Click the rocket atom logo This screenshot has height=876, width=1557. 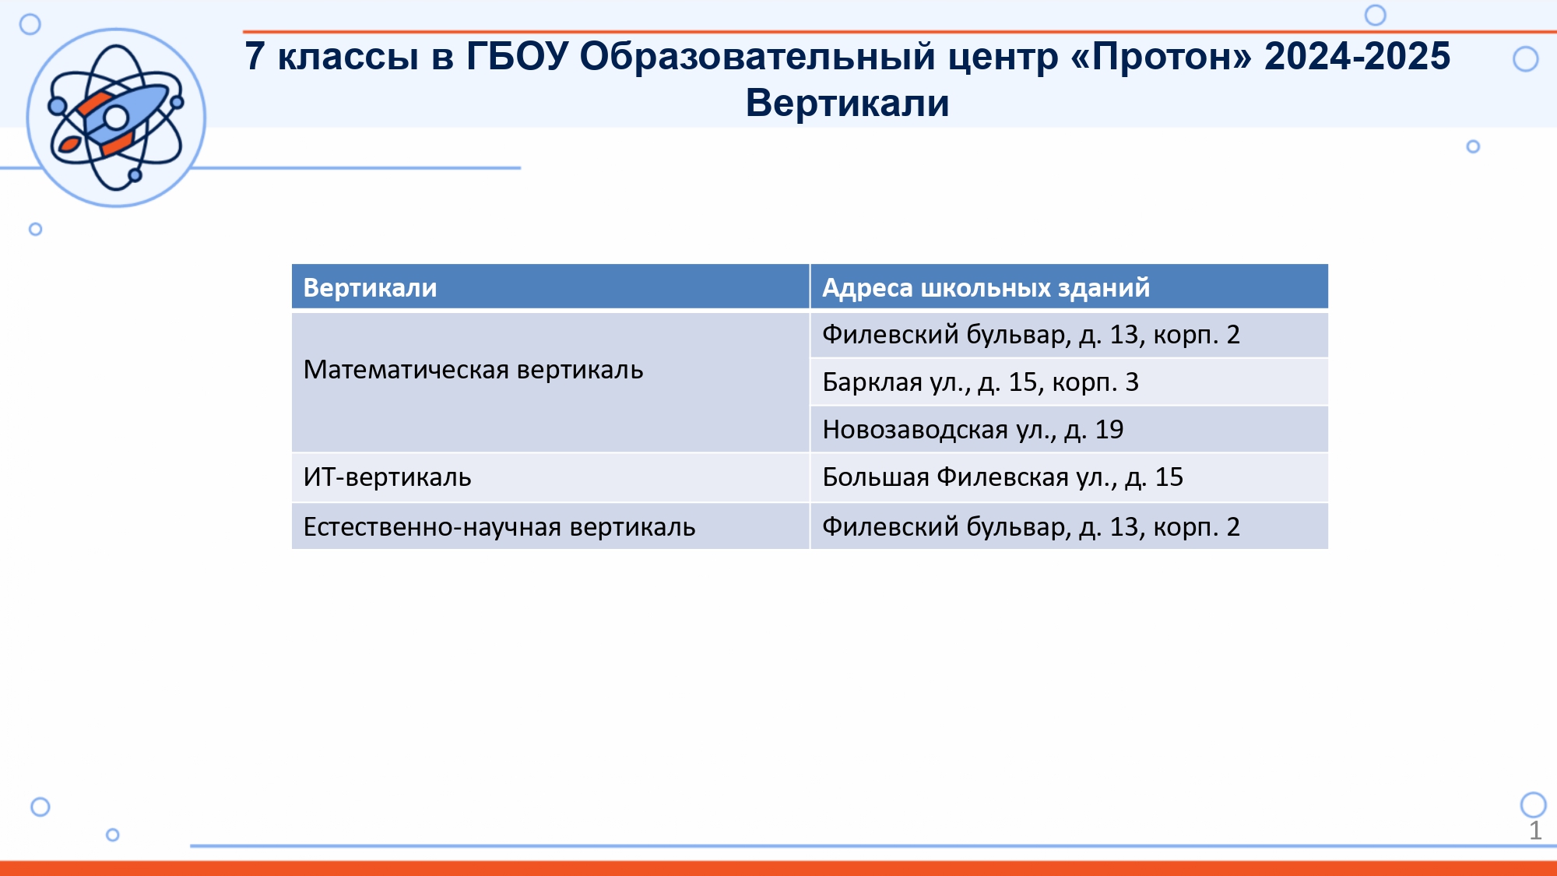point(116,118)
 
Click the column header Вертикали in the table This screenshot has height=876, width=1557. point(370,287)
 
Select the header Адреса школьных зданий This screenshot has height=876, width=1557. point(986,287)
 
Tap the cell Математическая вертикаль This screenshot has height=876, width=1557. point(473,369)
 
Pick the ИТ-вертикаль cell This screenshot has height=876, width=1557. point(387,477)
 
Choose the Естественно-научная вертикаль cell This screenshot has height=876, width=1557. point(499,526)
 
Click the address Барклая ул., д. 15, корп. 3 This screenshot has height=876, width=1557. point(980,382)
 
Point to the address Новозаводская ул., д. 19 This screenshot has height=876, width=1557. point(972,430)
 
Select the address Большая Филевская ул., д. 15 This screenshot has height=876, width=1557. point(1003,477)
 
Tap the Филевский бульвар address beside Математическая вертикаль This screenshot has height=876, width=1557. point(1031,335)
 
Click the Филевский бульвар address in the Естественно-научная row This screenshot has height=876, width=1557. point(1031,527)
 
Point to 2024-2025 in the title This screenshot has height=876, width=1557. point(1358,56)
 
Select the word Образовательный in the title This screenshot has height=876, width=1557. point(757,57)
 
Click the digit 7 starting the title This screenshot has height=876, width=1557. point(255,56)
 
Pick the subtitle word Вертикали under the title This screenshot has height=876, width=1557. point(848,103)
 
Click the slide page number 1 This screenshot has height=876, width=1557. point(1535,831)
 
